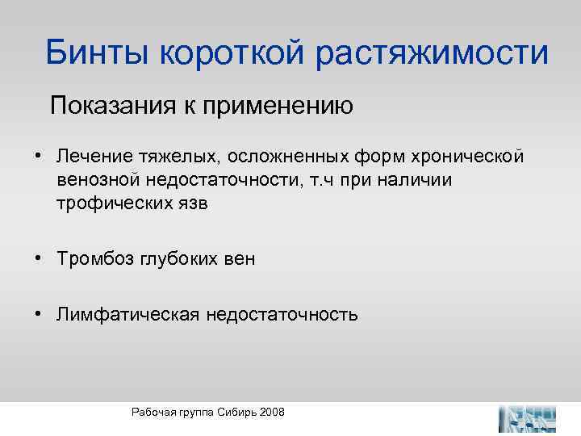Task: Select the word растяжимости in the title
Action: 433,53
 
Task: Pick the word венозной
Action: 91,179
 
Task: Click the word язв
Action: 191,203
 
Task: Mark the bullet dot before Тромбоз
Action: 38,258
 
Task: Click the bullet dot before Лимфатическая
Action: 38,313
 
